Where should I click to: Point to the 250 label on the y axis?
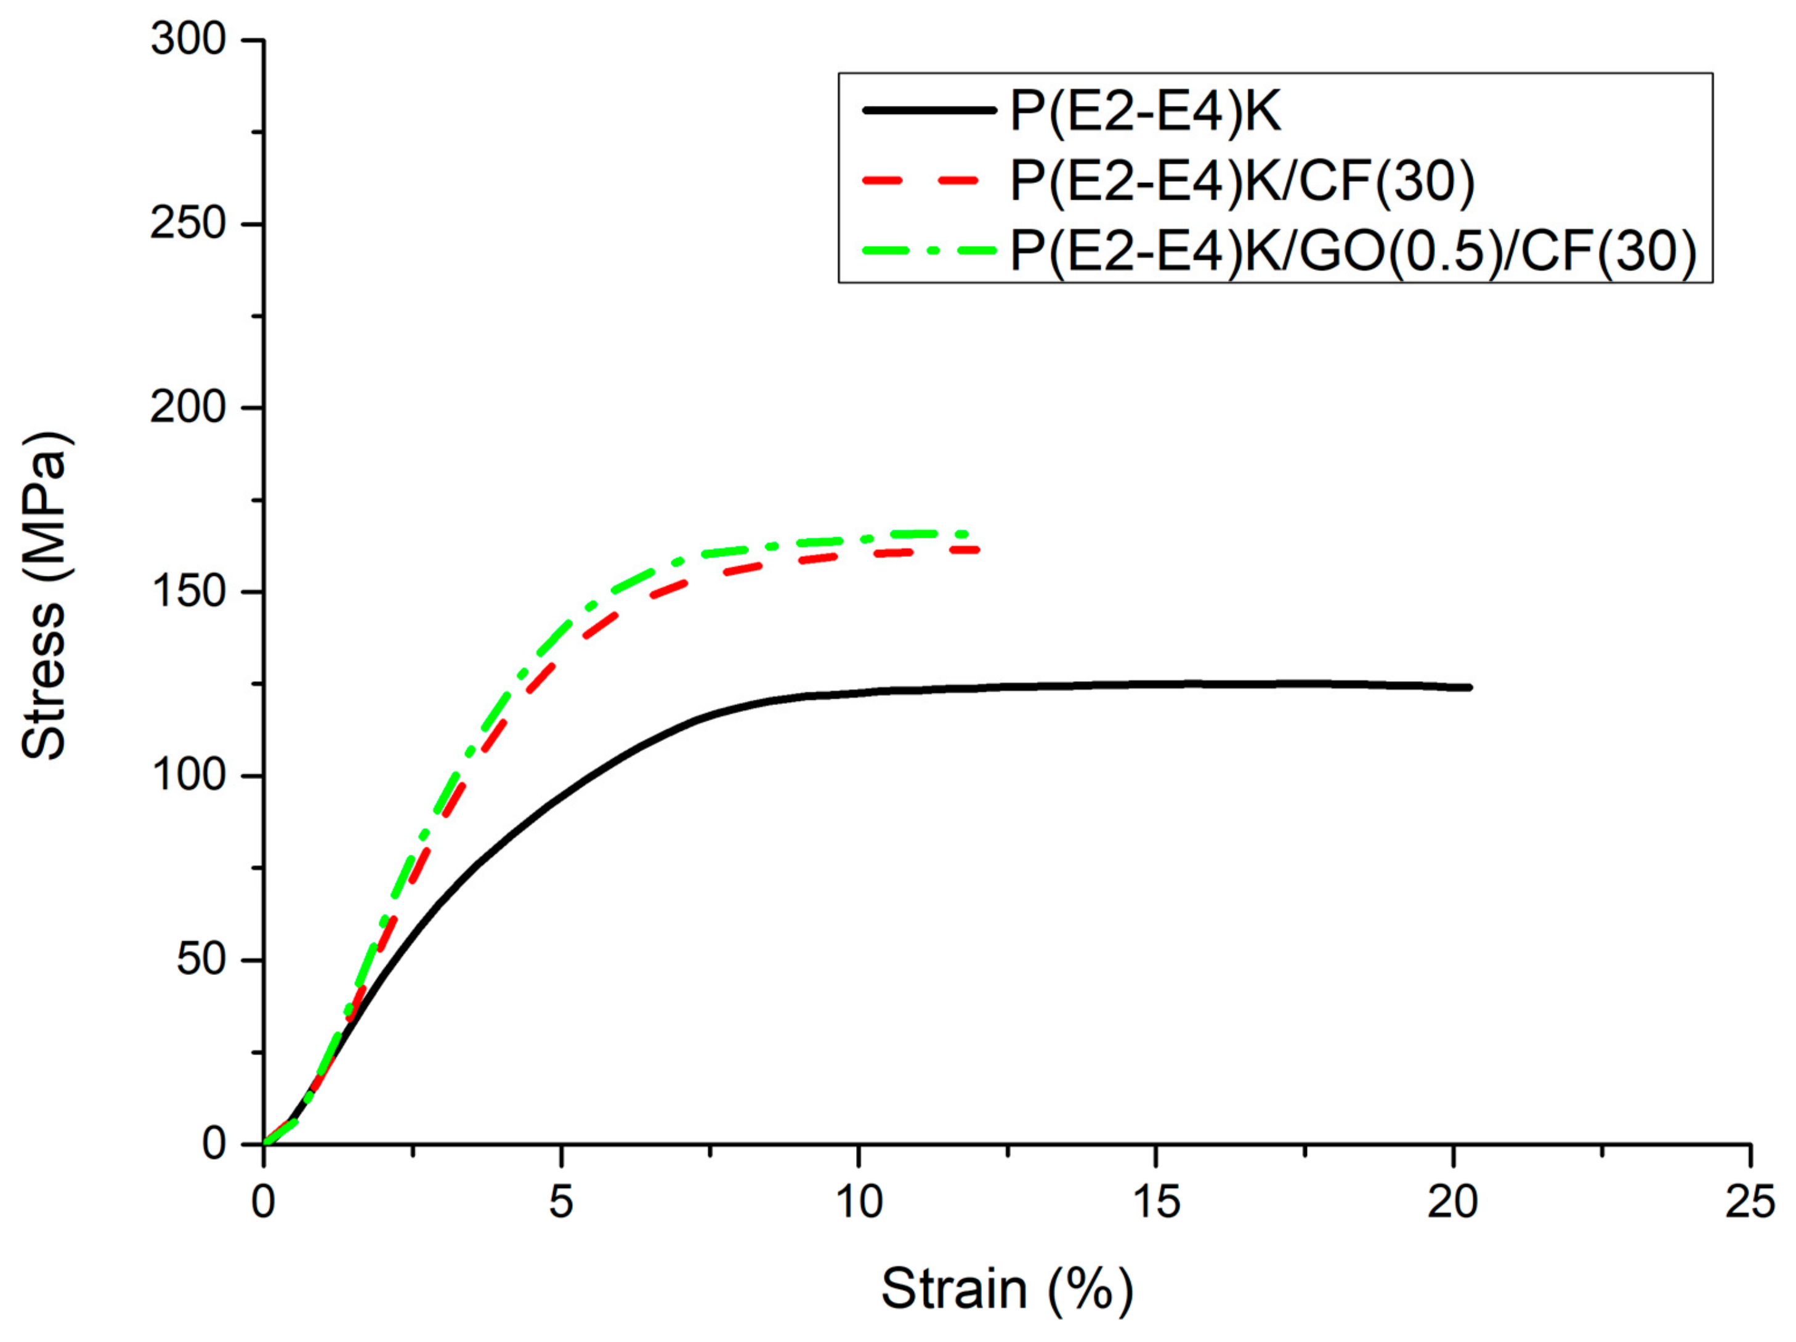(188, 224)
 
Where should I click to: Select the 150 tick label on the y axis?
(188, 591)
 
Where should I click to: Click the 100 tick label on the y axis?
(188, 775)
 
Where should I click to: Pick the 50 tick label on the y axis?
(201, 960)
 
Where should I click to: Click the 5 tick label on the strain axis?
(561, 1202)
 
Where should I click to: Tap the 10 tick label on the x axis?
(858, 1202)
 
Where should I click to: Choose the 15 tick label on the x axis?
(1155, 1202)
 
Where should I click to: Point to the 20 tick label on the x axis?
(1452, 1202)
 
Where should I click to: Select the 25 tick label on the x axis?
(1750, 1202)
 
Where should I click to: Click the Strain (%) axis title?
(1007, 1288)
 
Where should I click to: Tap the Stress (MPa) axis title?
(45, 597)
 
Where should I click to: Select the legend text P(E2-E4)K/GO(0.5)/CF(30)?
(1353, 250)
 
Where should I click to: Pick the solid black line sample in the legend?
(929, 110)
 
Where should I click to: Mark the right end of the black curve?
(1470, 688)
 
